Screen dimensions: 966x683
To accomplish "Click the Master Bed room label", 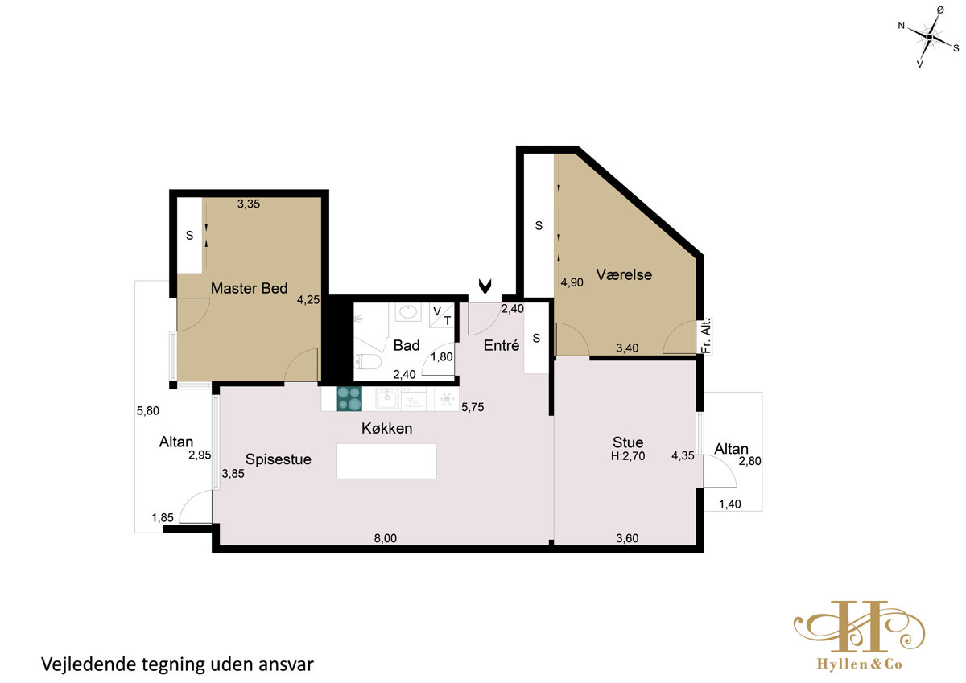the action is [249, 288].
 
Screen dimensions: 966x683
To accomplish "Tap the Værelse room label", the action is [624, 274].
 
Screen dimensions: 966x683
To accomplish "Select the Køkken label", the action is [386, 428].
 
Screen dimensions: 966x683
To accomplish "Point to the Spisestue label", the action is [279, 459].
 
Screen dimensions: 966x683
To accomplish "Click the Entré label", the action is [501, 345].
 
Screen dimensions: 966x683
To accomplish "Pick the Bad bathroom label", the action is [407, 345].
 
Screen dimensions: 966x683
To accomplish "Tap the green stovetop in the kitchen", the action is [349, 398].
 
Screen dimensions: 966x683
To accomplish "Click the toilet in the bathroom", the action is [367, 362].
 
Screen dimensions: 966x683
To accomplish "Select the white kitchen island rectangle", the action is [386, 461].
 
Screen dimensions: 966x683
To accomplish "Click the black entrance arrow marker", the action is [485, 286].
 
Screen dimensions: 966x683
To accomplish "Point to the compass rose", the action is [929, 37].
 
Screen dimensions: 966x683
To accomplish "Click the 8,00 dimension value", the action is [385, 538].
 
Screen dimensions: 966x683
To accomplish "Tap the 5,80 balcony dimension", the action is [148, 410].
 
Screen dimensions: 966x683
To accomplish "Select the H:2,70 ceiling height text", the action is [628, 456].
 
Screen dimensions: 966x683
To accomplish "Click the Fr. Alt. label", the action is [706, 336].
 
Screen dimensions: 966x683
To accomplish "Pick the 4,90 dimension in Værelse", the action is [572, 282].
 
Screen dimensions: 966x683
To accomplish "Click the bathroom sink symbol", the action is [407, 311].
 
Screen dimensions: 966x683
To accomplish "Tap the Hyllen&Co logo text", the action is [860, 664].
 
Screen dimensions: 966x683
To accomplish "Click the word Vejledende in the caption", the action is [88, 664].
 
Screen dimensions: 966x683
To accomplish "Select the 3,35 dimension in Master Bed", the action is [249, 204].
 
